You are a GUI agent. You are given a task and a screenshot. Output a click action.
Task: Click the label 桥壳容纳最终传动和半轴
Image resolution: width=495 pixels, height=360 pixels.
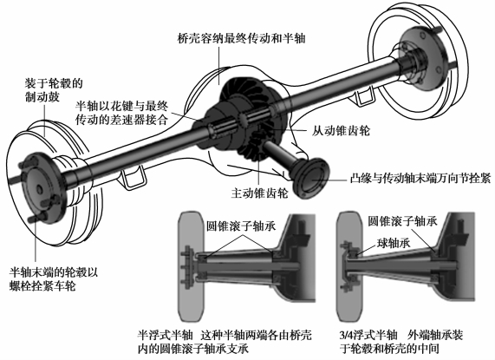[x=242, y=39]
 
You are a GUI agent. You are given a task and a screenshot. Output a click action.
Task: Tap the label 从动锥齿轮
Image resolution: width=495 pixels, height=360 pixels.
[x=341, y=131]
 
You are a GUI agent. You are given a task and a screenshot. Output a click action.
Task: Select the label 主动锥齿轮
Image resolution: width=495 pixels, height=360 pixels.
[x=259, y=193]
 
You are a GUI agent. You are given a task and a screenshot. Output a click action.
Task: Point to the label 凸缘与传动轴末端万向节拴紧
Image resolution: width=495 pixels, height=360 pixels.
[x=420, y=179]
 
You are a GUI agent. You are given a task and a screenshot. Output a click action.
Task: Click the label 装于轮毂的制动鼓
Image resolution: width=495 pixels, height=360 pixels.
[x=54, y=90]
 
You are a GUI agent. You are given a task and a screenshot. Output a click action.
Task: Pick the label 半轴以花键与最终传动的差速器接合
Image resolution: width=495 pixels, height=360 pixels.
[x=121, y=113]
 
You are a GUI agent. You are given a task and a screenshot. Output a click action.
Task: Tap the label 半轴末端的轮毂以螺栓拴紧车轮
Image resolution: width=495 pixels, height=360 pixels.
[x=54, y=279]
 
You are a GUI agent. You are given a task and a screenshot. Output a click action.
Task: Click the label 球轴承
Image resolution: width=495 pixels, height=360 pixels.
[x=394, y=243]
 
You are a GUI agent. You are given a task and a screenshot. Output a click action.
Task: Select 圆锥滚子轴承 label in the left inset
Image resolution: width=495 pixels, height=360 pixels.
[x=241, y=226]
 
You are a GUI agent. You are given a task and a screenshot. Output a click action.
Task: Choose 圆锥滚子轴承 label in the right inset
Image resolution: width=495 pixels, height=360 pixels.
[x=402, y=221]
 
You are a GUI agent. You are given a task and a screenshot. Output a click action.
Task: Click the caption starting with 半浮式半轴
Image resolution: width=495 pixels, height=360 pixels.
[x=225, y=342]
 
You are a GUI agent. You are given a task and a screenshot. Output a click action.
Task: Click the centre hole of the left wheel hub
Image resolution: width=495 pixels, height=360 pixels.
[x=39, y=189]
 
